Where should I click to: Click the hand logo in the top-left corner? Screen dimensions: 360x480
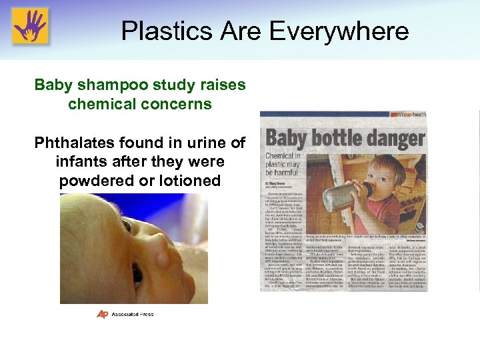(30, 26)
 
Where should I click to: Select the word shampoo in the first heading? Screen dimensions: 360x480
(107, 85)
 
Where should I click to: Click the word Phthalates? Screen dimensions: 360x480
(76, 143)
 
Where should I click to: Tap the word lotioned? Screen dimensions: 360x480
(193, 181)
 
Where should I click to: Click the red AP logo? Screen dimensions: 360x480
(102, 314)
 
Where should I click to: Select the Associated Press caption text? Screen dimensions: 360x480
(134, 315)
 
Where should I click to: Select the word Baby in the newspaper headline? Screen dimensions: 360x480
(287, 140)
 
